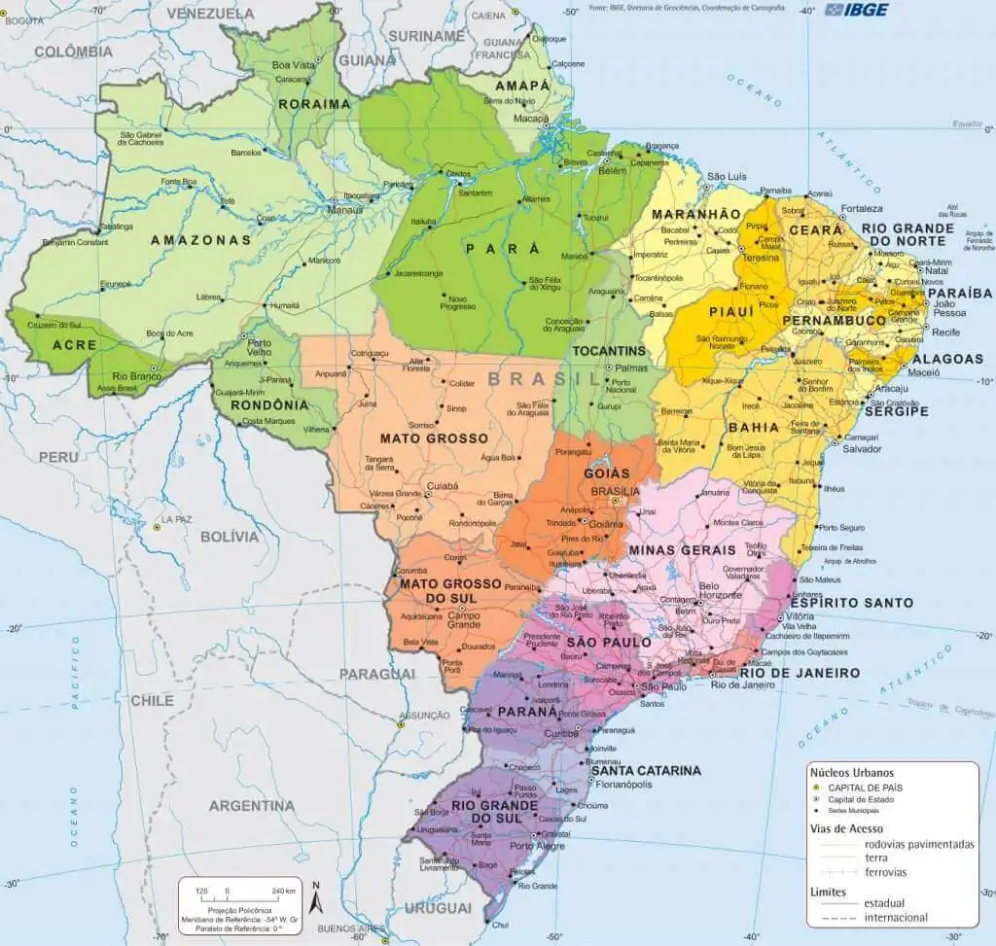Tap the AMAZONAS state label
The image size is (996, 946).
click(200, 239)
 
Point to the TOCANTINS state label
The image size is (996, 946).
click(609, 350)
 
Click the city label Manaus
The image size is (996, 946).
click(345, 209)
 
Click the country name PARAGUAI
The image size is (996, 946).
click(377, 674)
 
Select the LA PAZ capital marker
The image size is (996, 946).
click(157, 527)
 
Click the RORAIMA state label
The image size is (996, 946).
click(313, 104)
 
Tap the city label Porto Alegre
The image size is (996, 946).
click(536, 846)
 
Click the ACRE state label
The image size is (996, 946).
click(74, 345)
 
